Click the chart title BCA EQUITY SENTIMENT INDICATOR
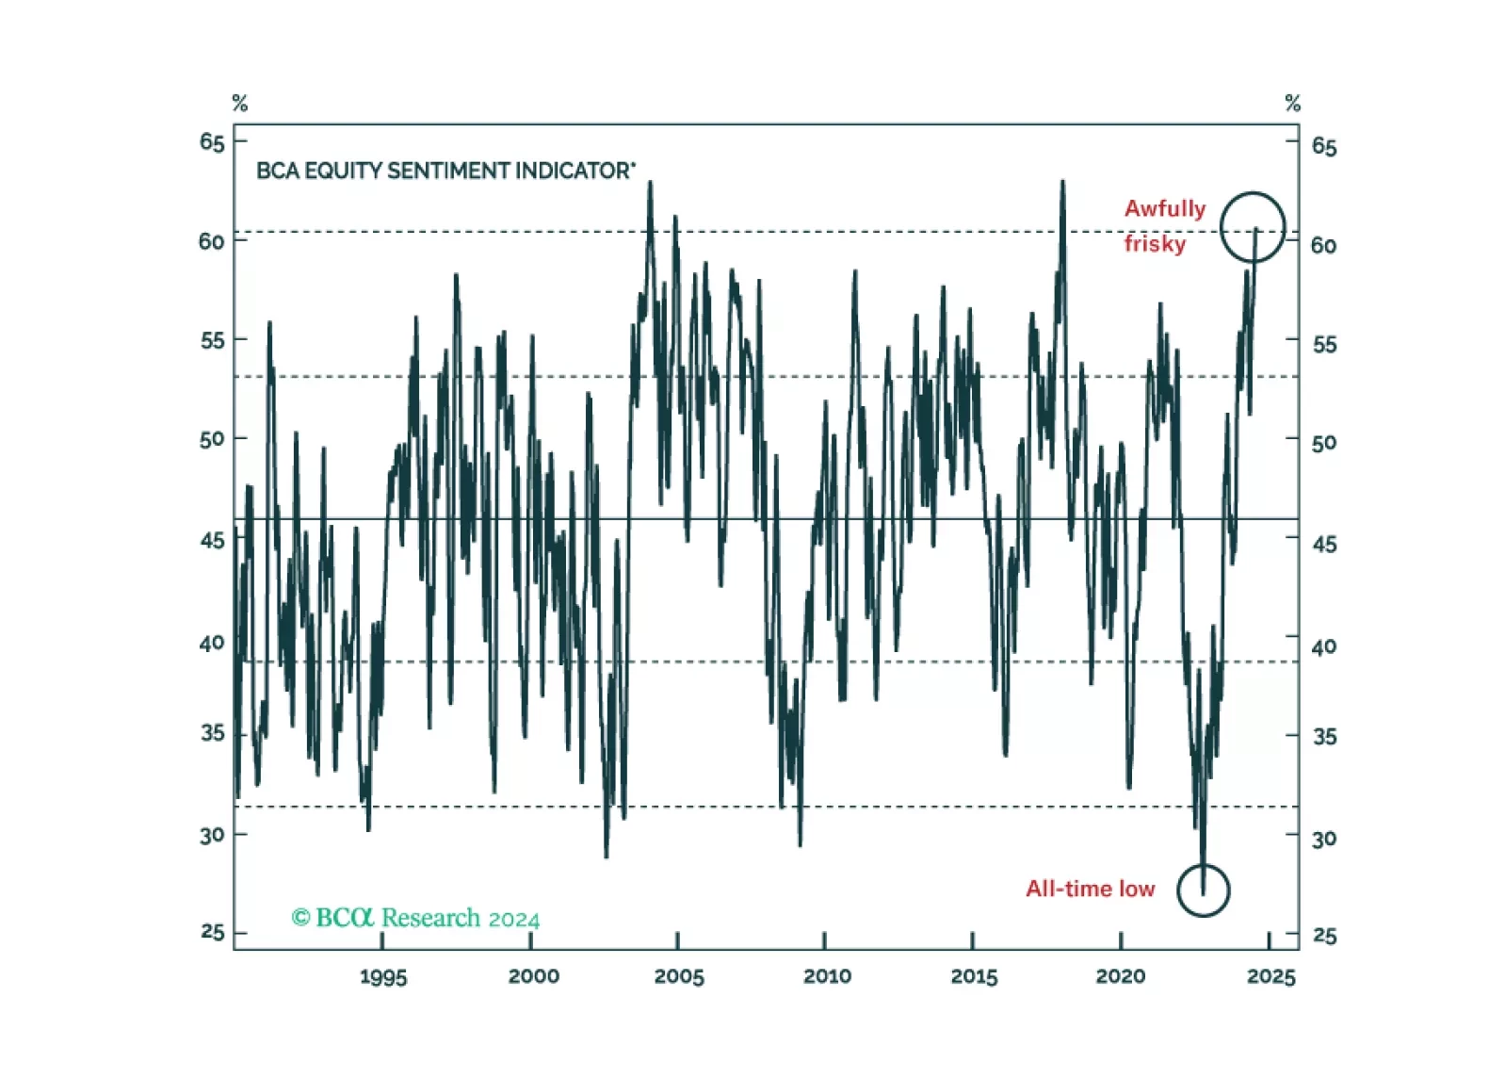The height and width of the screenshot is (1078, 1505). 445,171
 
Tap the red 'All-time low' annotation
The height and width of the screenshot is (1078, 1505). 1090,890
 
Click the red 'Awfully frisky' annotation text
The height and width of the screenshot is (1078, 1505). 1165,226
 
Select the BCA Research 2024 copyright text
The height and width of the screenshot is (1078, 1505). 416,918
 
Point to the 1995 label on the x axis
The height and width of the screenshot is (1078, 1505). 383,977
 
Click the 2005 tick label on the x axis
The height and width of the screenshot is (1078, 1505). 679,977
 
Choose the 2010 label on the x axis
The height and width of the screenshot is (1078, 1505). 827,976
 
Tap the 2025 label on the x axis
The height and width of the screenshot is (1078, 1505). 1271,977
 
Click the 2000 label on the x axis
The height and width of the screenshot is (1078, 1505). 533,976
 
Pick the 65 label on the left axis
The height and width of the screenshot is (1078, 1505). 212,142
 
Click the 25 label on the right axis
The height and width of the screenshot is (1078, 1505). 1324,937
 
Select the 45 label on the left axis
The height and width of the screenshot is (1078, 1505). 212,540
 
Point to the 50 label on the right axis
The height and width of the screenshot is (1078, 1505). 1323,444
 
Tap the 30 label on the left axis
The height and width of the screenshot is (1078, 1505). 212,836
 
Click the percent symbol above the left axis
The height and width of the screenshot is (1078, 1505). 240,104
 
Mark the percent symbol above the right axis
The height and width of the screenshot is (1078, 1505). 1293,104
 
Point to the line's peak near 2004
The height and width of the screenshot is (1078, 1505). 650,182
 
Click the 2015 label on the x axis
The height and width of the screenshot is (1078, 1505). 974,977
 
